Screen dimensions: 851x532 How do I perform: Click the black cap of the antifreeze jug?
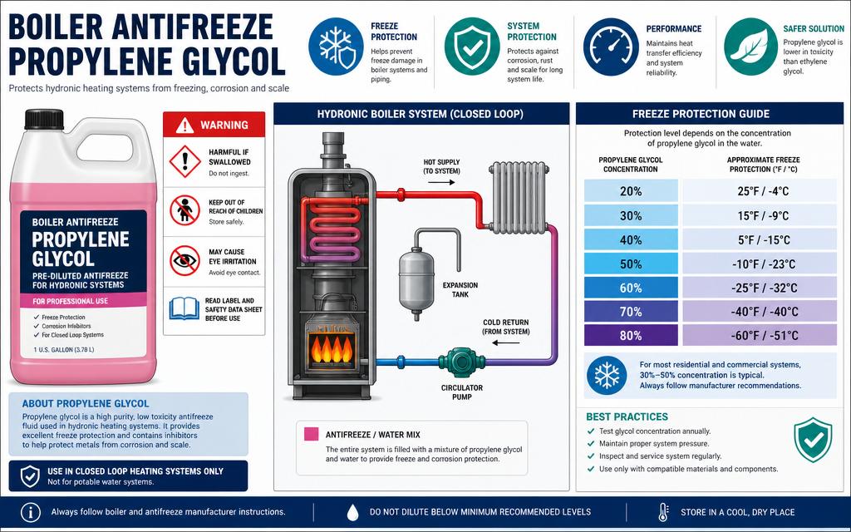44,120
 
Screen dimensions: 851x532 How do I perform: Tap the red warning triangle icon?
184,125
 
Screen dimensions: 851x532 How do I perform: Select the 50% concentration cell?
631,264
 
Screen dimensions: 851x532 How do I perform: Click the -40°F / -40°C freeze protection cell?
760,312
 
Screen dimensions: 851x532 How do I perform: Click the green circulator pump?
461,362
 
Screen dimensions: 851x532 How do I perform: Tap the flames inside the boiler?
331,348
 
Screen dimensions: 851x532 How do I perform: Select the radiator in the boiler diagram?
519,198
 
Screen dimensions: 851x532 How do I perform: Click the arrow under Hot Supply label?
441,182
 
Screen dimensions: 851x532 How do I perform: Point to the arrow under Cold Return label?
506,342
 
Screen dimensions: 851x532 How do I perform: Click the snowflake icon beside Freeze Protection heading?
337,47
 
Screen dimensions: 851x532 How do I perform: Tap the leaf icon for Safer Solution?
751,47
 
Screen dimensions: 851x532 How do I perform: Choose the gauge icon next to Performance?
611,47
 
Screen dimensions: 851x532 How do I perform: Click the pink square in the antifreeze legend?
311,434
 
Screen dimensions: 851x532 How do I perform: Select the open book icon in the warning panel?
184,309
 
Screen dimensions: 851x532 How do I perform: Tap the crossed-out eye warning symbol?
184,260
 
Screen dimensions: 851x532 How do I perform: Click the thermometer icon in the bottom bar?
662,512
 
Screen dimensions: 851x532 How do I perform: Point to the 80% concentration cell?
631,336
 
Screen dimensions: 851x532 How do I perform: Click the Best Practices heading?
627,417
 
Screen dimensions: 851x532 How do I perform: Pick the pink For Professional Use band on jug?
84,301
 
